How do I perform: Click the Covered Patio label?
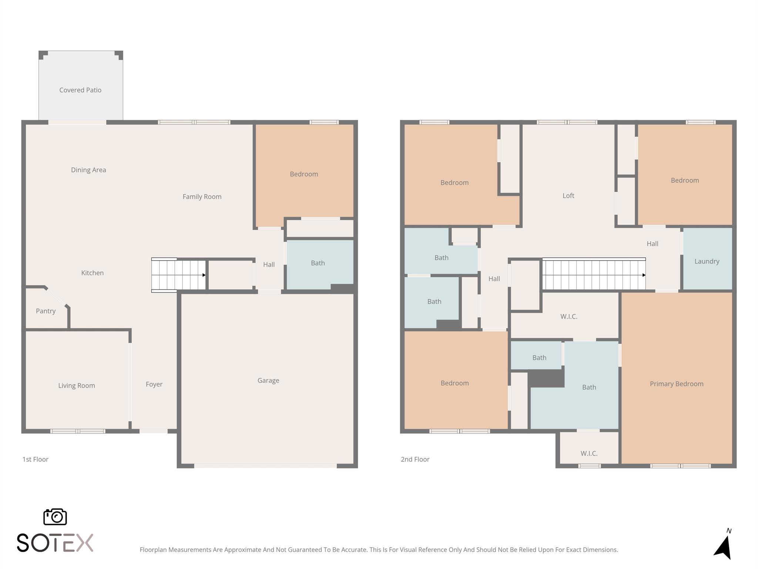[80, 90]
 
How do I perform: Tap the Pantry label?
[46, 311]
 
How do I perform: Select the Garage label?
[268, 380]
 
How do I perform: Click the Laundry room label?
[707, 261]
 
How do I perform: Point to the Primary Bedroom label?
[676, 384]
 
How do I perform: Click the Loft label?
[568, 196]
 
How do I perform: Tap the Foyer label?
[154, 384]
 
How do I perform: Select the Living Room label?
[77, 386]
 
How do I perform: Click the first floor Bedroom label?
[303, 174]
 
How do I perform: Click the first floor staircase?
[179, 275]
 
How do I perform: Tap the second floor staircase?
[594, 274]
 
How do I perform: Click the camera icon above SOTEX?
[55, 516]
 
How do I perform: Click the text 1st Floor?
[35, 459]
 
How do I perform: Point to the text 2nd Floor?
[415, 459]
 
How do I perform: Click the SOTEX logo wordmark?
[55, 543]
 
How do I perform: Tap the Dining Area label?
[88, 170]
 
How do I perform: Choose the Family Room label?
[202, 197]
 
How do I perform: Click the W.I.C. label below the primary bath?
[589, 453]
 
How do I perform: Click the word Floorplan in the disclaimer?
[153, 550]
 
